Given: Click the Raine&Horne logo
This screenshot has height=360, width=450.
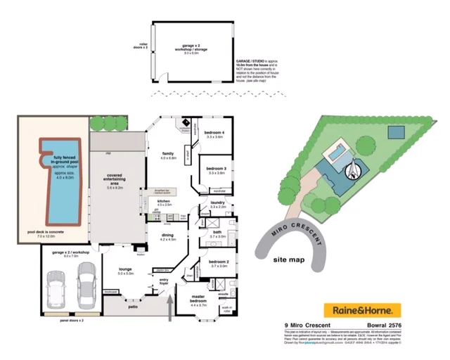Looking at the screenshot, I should click(x=361, y=309).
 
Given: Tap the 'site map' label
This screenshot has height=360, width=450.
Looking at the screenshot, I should click(x=289, y=259).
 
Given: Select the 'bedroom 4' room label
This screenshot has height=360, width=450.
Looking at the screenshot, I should click(x=214, y=133).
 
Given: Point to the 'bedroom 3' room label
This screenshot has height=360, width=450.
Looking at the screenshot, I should click(x=215, y=169).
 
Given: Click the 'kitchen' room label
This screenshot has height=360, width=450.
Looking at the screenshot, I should click(x=164, y=202).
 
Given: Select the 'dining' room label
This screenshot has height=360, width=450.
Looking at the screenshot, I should click(x=167, y=236).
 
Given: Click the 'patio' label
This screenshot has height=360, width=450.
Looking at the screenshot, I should click(x=131, y=306).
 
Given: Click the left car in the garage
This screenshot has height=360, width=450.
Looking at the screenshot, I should click(x=55, y=286).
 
